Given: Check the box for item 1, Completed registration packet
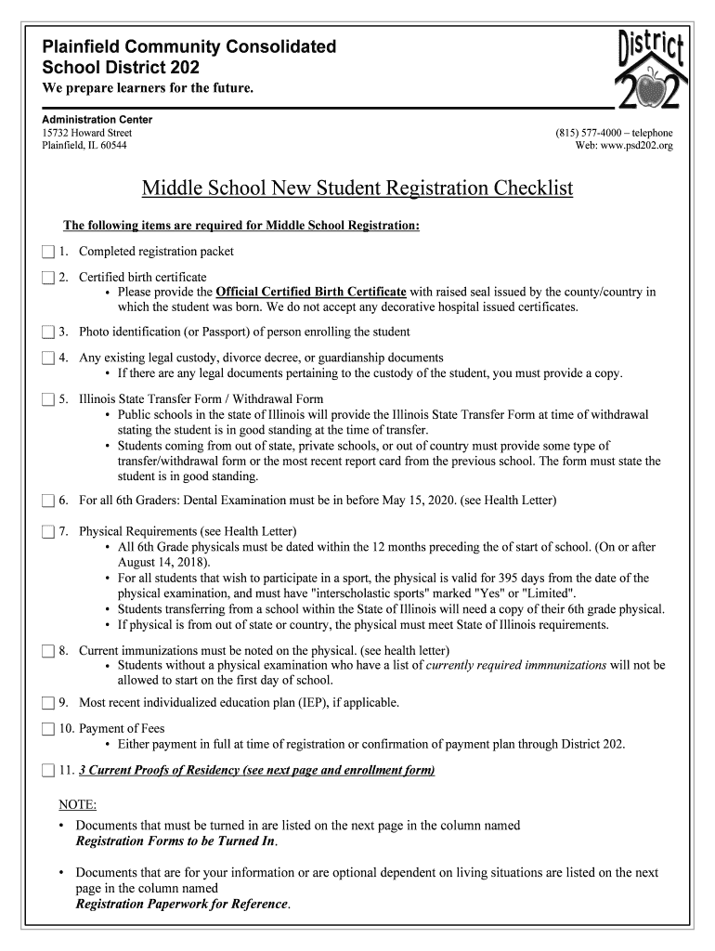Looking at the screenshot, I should coord(48,252).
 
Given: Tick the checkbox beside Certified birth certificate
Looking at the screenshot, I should coord(48,278).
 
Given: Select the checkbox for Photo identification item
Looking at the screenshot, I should coord(48,332).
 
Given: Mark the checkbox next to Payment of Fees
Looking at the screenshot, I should coord(48,729).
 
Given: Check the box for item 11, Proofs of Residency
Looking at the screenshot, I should coord(48,771).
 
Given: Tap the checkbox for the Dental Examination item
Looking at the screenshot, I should coord(48,502).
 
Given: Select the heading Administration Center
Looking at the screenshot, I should coord(97,120).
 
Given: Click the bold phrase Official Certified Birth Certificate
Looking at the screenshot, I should coord(311,292).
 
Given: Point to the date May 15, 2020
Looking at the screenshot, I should coord(417,501).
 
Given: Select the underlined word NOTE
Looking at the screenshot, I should coord(77,804).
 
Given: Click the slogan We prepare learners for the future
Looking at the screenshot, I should coord(148,88).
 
